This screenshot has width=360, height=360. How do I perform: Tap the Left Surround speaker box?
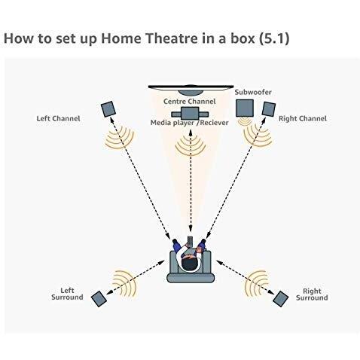coord(99,298)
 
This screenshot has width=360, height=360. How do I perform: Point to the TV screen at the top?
coord(191,89)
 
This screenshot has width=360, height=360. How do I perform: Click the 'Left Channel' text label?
coord(58,118)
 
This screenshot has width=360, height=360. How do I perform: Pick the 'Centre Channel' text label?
coord(190,100)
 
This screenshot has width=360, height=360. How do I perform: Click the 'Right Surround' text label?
coord(311,294)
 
